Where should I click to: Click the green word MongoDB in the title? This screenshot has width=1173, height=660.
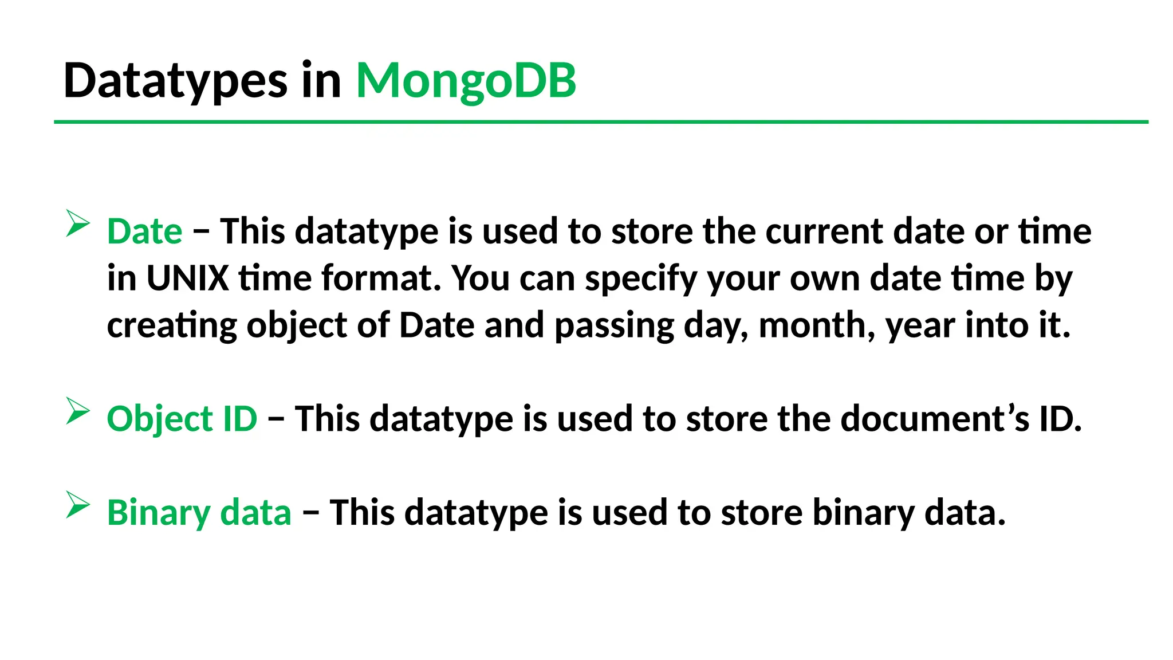[x=466, y=81]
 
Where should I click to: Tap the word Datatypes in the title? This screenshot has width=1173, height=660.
[x=175, y=81]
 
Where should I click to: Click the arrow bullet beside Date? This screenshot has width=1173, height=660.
[x=77, y=223]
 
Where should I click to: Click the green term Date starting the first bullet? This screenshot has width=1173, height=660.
[x=144, y=231]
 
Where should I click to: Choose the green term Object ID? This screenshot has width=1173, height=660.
[x=182, y=419]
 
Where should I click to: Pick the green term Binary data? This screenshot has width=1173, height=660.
[x=199, y=512]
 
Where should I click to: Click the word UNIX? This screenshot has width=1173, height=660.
[x=187, y=278]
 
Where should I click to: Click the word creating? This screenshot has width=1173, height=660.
[x=172, y=326]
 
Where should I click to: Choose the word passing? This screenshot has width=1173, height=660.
[x=615, y=327]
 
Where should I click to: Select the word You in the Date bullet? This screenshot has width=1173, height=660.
[x=480, y=278]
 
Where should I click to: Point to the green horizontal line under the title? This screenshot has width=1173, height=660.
[x=601, y=122]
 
